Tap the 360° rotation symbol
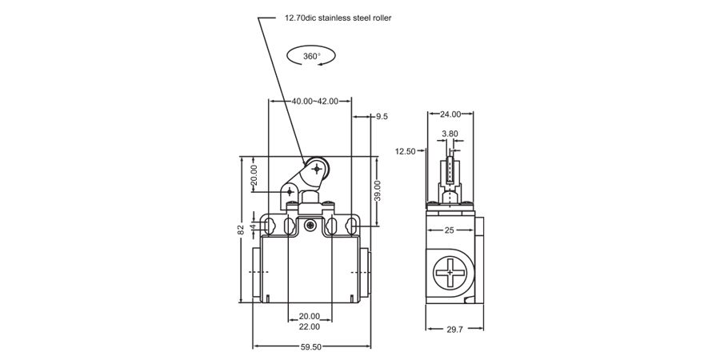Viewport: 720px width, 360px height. pyautogui.click(x=312, y=56)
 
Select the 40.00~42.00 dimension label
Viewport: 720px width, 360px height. pyautogui.click(x=314, y=102)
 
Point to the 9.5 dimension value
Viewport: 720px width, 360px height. pyautogui.click(x=382, y=117)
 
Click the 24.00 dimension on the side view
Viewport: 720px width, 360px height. pyautogui.click(x=450, y=114)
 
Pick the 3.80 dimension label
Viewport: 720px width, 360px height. pyautogui.click(x=450, y=134)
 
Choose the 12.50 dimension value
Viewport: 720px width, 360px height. pyautogui.click(x=406, y=151)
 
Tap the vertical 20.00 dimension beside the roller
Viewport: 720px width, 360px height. pyautogui.click(x=254, y=176)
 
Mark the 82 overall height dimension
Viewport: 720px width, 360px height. pyautogui.click(x=241, y=230)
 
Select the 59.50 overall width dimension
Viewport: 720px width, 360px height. pyautogui.click(x=311, y=347)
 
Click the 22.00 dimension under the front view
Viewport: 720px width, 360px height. pyautogui.click(x=310, y=326)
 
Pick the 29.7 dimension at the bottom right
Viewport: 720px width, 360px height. pyautogui.click(x=453, y=330)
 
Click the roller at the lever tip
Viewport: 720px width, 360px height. pyautogui.click(x=318, y=170)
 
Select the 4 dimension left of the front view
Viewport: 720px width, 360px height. pyautogui.click(x=254, y=227)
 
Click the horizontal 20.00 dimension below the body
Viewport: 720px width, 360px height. pyautogui.click(x=310, y=316)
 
